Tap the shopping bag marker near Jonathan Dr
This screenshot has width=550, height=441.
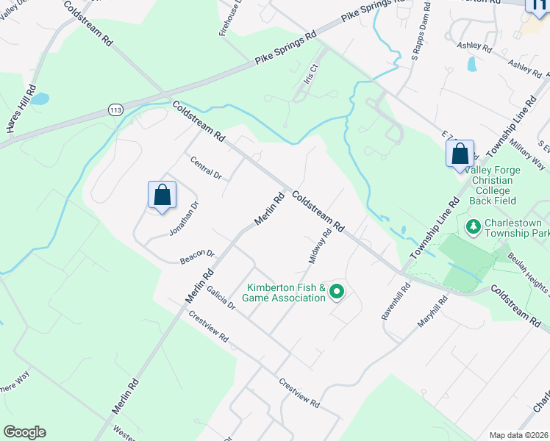pos(162,196)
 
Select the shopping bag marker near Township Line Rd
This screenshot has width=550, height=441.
pos(460,154)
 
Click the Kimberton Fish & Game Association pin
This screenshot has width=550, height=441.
pos(337,293)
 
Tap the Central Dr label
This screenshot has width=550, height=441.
pos(205,168)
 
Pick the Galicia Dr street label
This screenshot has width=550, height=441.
pos(220,297)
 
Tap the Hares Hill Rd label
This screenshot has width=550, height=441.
pos(21,108)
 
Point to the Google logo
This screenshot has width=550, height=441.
pos(24,432)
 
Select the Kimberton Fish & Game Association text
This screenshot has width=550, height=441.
pos(286,293)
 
